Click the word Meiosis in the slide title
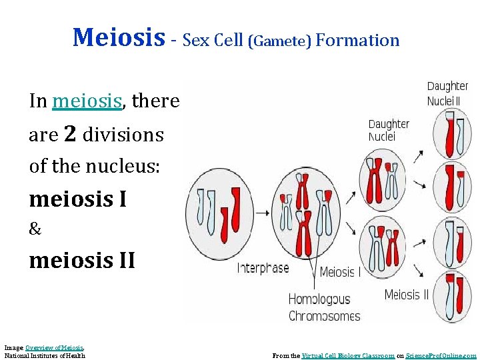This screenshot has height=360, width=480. point(118,38)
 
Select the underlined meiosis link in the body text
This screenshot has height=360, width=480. point(87,101)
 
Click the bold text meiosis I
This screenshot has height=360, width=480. point(78,199)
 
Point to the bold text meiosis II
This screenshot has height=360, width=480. point(82,260)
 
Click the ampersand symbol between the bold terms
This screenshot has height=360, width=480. point(35,230)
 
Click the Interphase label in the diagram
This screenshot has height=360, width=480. point(263,268)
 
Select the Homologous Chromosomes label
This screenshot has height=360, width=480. point(324,307)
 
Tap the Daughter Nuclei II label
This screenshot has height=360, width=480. point(447,93)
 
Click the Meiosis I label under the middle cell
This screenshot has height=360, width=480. point(340,271)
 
